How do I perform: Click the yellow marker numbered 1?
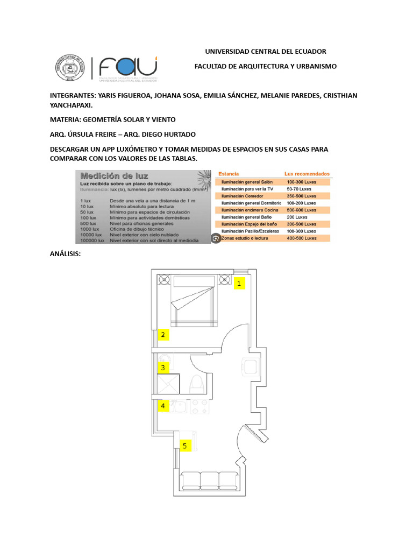tap(239, 282)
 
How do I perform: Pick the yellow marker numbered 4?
tap(163, 406)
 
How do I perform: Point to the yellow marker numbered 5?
tap(185, 446)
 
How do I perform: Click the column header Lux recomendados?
tap(307, 174)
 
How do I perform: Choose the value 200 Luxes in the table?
tap(297, 217)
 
